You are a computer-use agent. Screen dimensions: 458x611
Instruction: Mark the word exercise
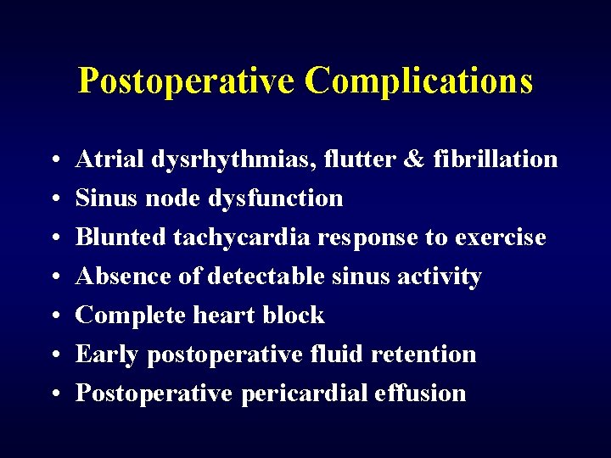pos(501,237)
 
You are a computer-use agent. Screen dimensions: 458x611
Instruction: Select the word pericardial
pos(299,394)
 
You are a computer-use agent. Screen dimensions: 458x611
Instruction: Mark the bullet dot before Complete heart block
pos(53,316)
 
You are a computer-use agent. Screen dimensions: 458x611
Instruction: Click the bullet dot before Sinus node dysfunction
pos(53,199)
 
